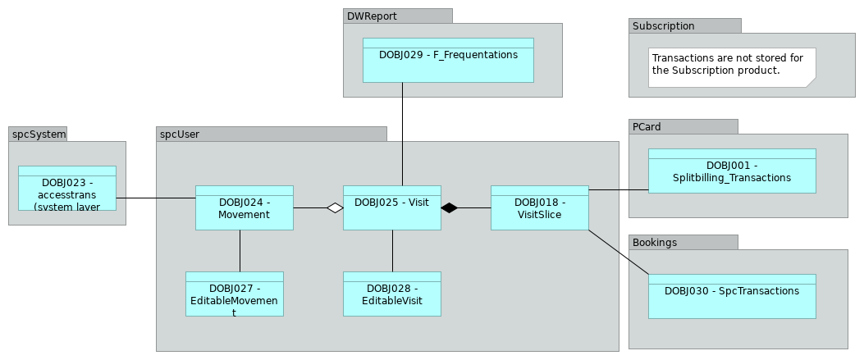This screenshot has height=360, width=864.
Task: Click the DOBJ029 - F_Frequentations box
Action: (x=448, y=60)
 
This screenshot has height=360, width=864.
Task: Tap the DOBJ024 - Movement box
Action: (x=244, y=207)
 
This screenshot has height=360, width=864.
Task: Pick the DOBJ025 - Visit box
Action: (x=391, y=207)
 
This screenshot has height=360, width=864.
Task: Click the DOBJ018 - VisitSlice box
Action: (x=539, y=207)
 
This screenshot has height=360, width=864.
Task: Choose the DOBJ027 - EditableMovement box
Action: (x=234, y=294)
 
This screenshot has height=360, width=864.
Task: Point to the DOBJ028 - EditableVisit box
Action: (x=391, y=294)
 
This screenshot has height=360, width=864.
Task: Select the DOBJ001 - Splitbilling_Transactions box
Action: (x=732, y=171)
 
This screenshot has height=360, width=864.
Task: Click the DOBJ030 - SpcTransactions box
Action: (x=732, y=296)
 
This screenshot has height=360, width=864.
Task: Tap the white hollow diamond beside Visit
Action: (x=335, y=208)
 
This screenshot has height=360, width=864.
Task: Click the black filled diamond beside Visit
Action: (x=449, y=208)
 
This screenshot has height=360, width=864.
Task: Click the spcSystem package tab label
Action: (x=38, y=134)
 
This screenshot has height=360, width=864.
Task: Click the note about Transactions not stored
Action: (x=732, y=66)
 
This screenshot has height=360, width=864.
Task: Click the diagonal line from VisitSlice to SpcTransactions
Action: (x=619, y=252)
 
